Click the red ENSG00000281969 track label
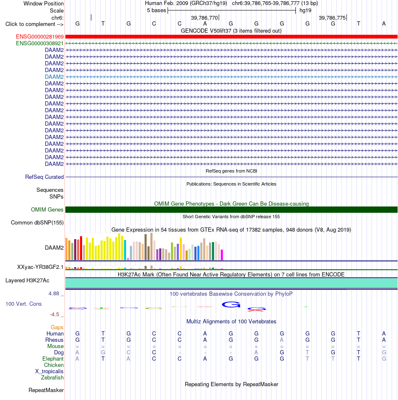pos(40,37)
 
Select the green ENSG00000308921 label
pos(40,44)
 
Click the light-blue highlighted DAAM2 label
pos(54,77)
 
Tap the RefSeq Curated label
pos(44,177)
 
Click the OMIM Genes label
pos(47,210)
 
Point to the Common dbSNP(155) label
pos(37,223)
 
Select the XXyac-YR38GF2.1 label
pos(40,267)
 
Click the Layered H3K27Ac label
pos(27,281)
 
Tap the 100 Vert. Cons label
pos(23,304)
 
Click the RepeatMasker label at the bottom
pos(46,390)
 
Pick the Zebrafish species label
pos(52,377)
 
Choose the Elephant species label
pos(53,359)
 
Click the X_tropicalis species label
pos(49,372)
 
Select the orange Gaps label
pos(57,327)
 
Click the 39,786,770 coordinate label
pos(204,18)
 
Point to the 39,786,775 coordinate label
pos(332,18)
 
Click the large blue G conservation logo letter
pos(231,305)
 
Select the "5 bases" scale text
pos(156,10)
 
